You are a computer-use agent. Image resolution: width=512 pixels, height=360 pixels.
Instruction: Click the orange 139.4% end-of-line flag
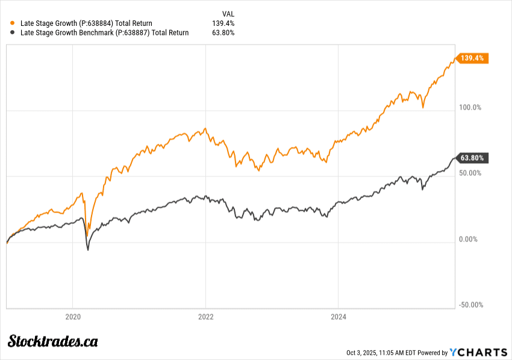pos(473,58)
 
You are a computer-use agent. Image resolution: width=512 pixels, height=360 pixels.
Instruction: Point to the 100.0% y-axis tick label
pos(470,108)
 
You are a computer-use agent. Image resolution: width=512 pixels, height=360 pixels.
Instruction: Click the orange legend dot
pos(13,23)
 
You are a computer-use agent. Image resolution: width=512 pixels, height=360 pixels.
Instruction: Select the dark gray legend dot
pos(13,33)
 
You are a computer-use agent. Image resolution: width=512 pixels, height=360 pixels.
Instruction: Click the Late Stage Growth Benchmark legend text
pos(104,33)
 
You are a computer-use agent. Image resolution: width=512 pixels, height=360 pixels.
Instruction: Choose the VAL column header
pos(228,13)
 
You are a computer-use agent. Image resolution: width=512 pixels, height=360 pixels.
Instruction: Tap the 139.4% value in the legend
pos(223,23)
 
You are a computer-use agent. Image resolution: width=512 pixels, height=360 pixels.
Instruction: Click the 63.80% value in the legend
pos(223,33)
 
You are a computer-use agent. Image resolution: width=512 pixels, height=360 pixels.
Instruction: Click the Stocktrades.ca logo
pos(53,341)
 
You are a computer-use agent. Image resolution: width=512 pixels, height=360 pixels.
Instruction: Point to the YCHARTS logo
pos(479,352)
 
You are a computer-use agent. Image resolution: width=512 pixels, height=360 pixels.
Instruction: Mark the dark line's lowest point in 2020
pos(88,249)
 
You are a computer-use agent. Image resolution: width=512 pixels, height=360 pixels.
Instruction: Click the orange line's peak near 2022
pos(205,128)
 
